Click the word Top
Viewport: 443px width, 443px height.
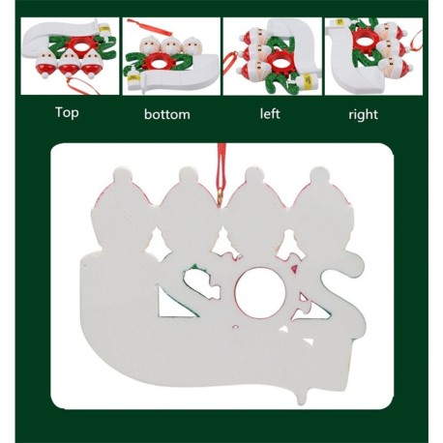[67, 112]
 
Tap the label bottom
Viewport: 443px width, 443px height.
[167, 114]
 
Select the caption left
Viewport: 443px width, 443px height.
[270, 113]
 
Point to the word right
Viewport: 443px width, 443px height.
[363, 115]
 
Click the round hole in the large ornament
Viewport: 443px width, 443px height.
[259, 292]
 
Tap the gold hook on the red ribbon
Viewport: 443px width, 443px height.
[221, 194]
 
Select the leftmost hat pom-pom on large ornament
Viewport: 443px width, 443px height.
[123, 175]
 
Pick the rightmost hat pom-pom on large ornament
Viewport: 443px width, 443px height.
[319, 175]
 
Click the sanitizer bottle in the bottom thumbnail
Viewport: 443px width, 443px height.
[133, 78]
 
